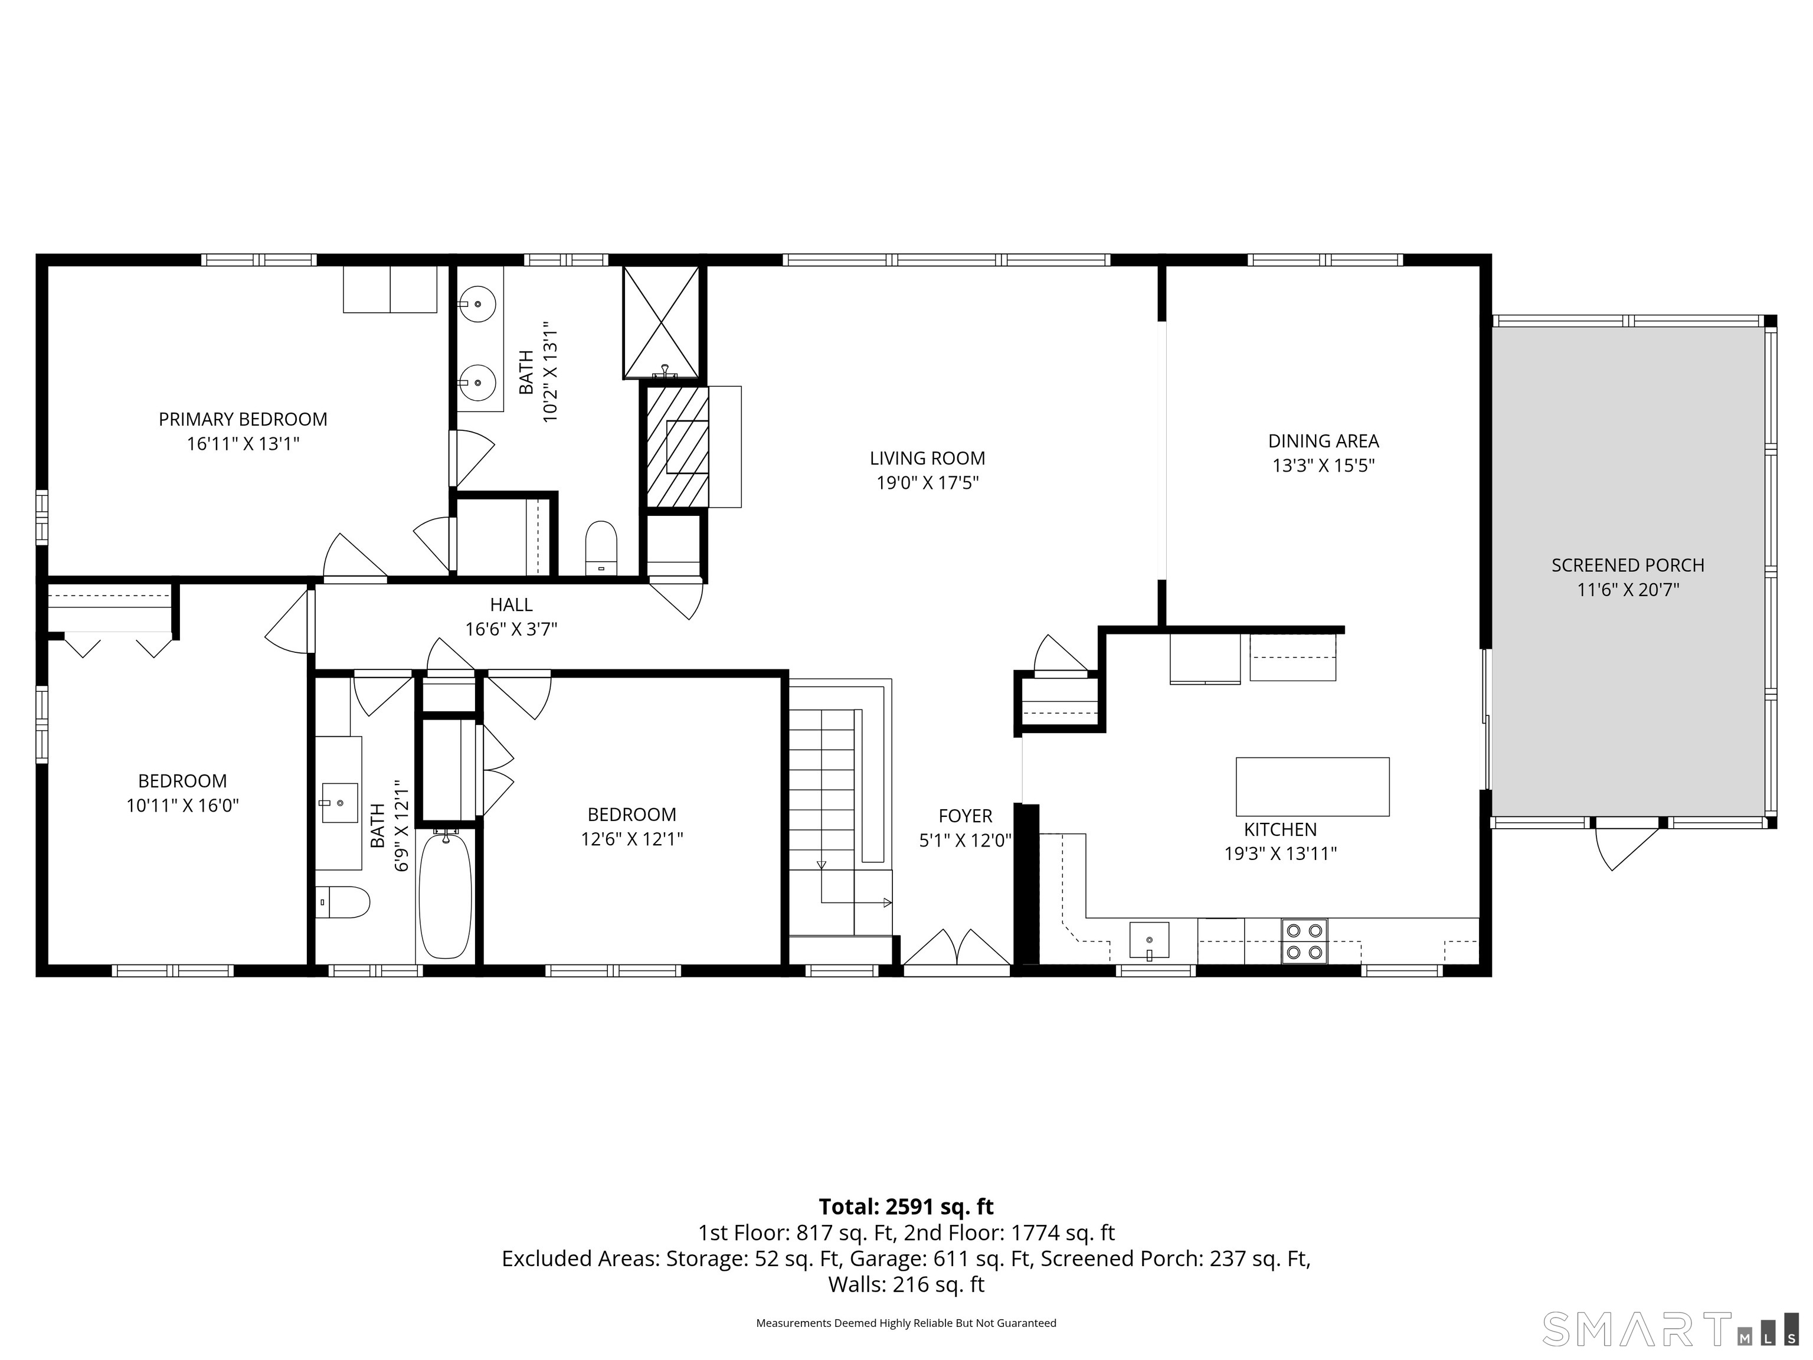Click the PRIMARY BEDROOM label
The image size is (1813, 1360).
click(243, 420)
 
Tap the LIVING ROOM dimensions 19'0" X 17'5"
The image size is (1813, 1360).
click(927, 483)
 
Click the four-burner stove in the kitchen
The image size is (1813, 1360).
click(1304, 941)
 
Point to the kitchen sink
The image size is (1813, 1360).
click(1149, 940)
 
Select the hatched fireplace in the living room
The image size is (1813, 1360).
click(677, 447)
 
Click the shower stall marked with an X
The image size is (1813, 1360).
click(660, 321)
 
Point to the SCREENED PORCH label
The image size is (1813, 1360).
click(1627, 565)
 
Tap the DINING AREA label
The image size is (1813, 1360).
click(1323, 441)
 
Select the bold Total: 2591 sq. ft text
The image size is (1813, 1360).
click(906, 1207)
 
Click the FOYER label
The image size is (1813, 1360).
click(965, 816)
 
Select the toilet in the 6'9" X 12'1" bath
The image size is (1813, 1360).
click(343, 902)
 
